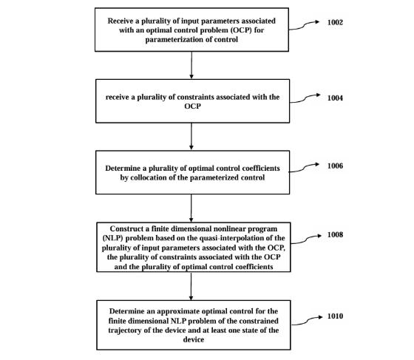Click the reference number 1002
coord(335,22)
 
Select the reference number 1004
coord(335,98)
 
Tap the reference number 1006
coord(335,166)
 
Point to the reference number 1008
coord(335,234)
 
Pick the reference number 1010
coord(335,316)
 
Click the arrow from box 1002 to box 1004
coord(191,65)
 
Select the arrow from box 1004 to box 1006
coord(191,137)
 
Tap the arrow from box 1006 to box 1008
coord(191,208)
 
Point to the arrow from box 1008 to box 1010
coord(191,286)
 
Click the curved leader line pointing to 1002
coord(304,26)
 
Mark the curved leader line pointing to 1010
coord(307,321)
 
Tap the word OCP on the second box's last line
coord(192,106)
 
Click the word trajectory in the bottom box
coord(125,330)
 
